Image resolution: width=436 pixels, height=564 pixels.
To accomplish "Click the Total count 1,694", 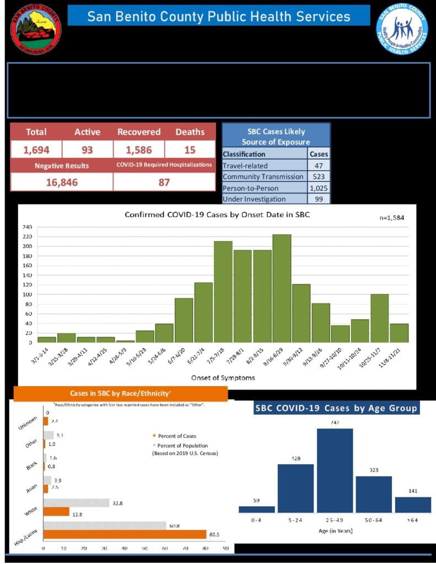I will click(x=36, y=150).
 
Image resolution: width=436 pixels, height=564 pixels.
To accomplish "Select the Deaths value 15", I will click(x=190, y=150).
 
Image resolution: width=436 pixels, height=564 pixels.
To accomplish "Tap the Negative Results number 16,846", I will click(x=61, y=182).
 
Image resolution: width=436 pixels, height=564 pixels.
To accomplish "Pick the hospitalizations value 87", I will click(x=164, y=182).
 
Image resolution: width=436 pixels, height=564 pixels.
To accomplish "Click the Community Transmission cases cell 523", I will click(x=319, y=176).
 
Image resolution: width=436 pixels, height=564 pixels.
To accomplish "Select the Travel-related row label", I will click(x=245, y=165).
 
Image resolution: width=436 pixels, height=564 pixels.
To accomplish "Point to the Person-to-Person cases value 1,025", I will click(x=319, y=188).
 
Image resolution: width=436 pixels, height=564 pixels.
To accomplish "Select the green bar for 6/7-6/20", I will click(x=184, y=320).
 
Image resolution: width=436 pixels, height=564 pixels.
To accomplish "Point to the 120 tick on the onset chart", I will click(x=27, y=285).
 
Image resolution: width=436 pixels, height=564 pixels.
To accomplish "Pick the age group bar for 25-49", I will click(x=334, y=470).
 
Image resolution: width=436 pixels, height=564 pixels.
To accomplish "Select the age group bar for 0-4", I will click(x=256, y=509).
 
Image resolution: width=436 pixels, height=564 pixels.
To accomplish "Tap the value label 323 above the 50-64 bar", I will click(x=374, y=471).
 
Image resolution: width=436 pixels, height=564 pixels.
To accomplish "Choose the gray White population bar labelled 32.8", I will click(x=77, y=503).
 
